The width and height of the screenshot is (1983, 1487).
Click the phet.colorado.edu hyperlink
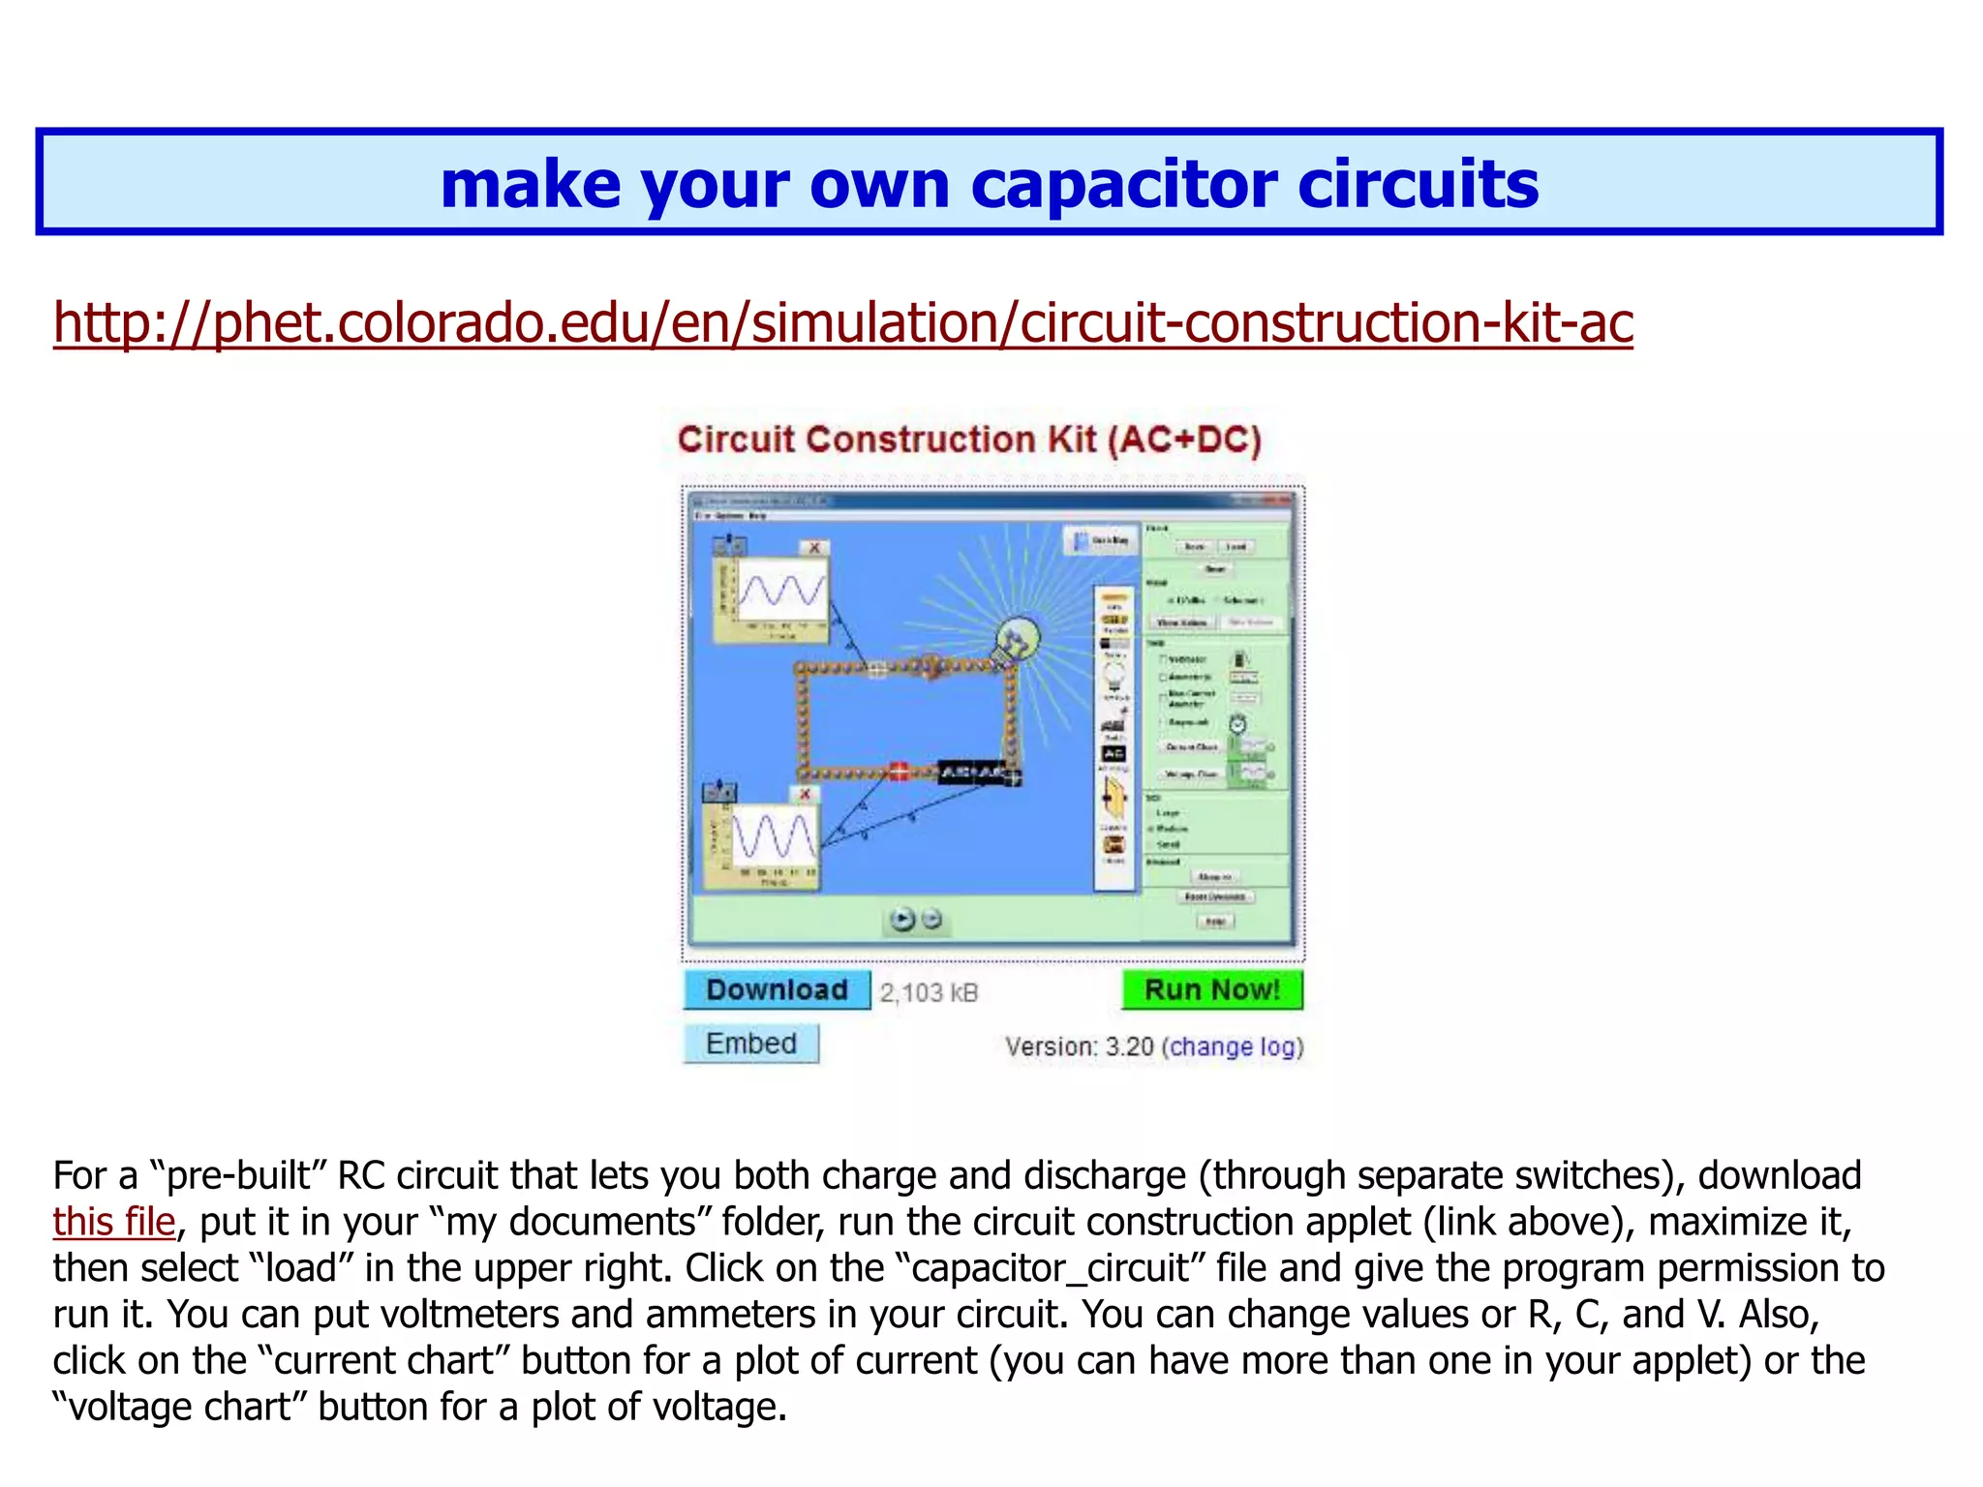point(842,323)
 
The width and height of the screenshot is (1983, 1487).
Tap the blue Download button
point(777,989)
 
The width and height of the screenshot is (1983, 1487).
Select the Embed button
point(751,1044)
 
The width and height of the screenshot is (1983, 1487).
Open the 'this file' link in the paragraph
point(114,1222)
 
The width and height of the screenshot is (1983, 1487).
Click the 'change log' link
point(1233,1047)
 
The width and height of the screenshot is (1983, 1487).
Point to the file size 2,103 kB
point(929,992)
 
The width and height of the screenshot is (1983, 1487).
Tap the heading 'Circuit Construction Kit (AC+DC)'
point(969,440)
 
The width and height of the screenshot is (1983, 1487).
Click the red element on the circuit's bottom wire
point(900,772)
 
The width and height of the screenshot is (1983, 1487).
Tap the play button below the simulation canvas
point(902,919)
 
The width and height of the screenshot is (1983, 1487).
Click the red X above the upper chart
point(815,548)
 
